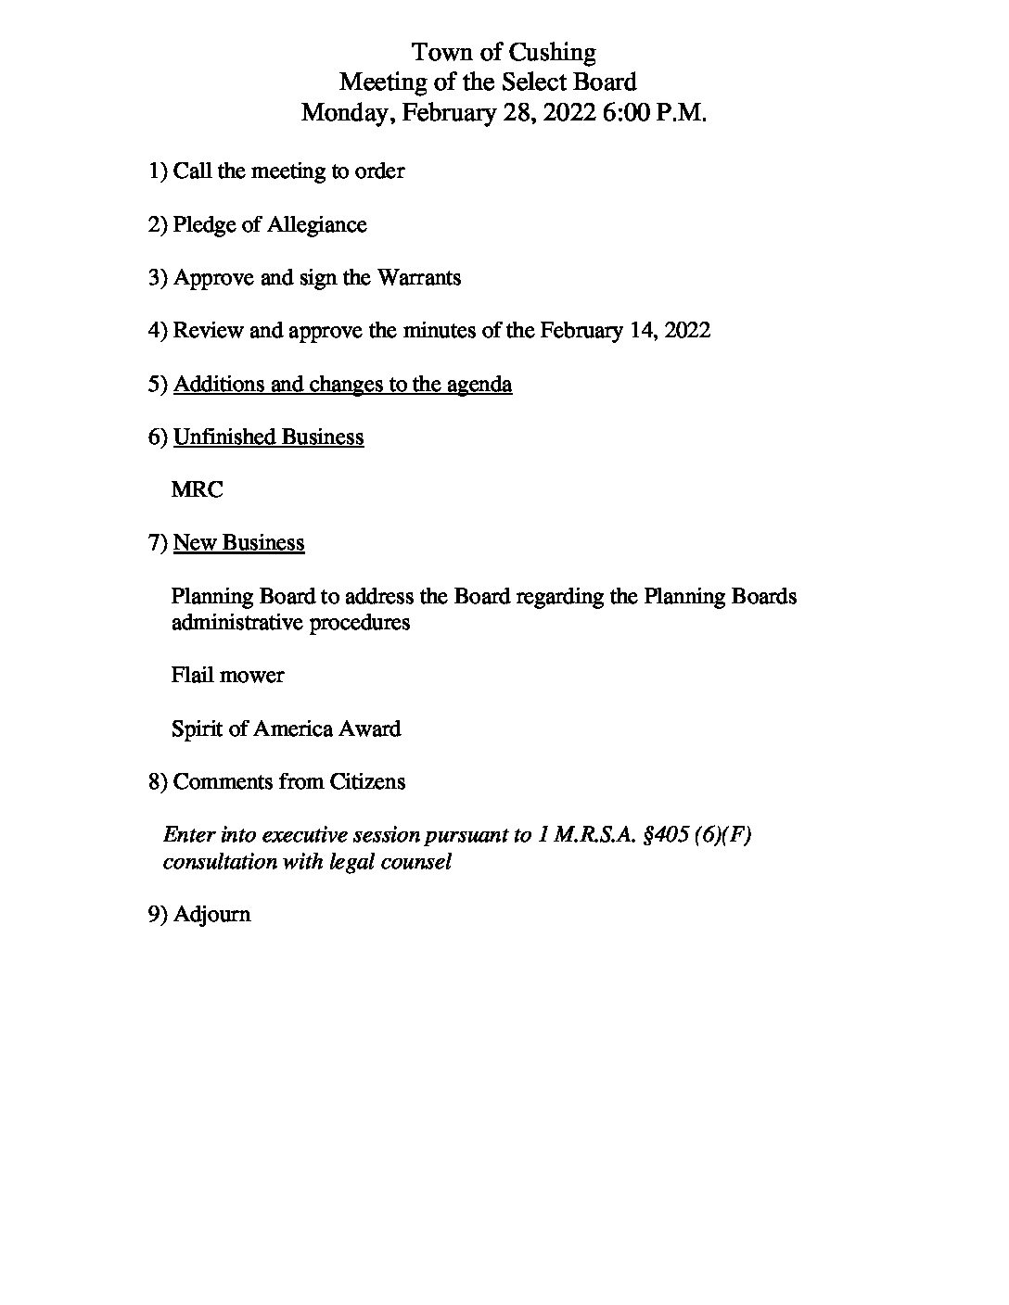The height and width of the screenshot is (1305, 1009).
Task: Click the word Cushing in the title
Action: pos(552,52)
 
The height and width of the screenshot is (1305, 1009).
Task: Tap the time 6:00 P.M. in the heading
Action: pos(655,113)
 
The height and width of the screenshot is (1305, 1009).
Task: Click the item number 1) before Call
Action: pos(159,171)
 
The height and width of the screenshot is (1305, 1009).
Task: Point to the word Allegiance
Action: pos(317,225)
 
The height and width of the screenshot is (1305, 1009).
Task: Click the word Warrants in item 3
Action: pos(418,278)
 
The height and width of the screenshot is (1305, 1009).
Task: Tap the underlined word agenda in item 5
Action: pos(479,385)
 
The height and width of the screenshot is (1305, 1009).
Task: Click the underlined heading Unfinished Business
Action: pos(268,437)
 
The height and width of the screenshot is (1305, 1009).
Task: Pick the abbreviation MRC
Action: pos(197,490)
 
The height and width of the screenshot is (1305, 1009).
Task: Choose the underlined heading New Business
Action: pos(238,543)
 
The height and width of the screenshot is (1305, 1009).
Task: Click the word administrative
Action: pos(236,623)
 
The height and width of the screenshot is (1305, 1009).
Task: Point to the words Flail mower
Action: pos(227,676)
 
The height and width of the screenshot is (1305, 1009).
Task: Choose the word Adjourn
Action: pos(211,915)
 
